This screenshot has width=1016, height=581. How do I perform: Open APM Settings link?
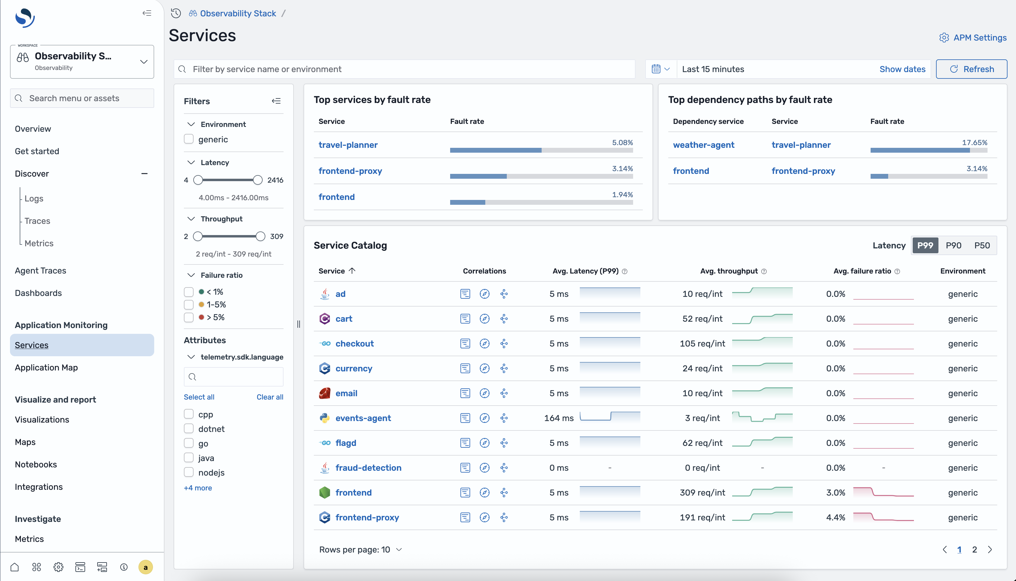973,38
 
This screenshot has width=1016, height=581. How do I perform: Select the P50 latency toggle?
982,245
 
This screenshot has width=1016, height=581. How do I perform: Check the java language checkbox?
189,458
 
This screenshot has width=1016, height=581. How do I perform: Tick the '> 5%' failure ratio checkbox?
189,317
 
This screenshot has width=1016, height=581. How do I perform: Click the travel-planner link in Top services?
348,145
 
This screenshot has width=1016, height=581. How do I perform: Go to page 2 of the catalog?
974,549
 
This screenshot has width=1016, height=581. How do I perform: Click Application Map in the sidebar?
46,367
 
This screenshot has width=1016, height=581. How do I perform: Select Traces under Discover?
37,221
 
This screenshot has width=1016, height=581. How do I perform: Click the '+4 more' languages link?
198,488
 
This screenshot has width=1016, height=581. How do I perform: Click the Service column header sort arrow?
352,271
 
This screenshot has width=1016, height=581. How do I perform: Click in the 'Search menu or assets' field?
82,98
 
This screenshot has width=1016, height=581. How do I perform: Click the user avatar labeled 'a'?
145,567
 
